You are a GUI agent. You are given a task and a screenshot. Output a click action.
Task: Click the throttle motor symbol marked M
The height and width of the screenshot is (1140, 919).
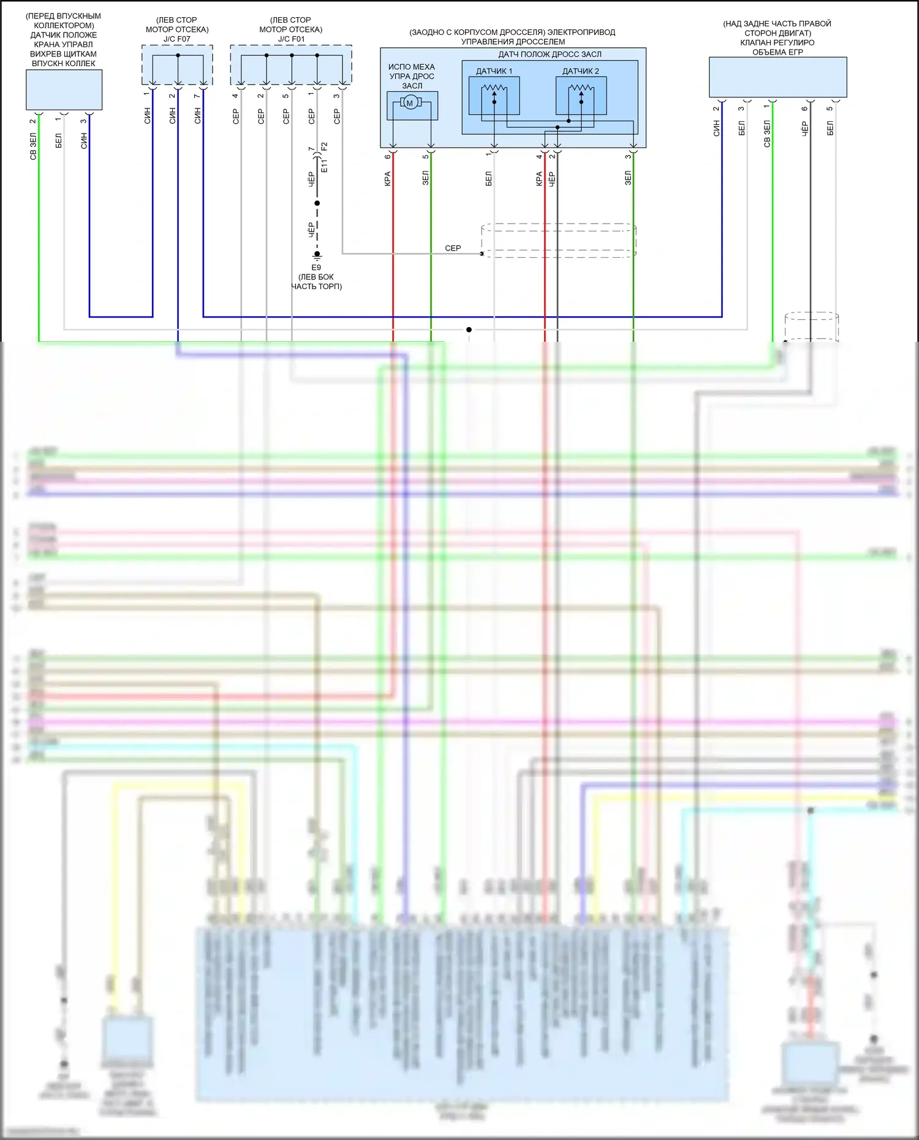410,103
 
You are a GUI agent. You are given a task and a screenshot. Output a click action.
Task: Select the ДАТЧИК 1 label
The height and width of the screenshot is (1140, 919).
494,71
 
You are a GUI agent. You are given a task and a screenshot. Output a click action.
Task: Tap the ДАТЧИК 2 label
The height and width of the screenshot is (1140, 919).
581,71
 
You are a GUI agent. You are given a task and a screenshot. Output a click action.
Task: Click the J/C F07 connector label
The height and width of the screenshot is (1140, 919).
176,39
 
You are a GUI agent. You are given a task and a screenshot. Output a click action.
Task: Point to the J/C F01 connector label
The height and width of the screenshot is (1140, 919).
291,39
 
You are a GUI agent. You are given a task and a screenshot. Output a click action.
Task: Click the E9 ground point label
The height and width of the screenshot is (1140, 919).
316,268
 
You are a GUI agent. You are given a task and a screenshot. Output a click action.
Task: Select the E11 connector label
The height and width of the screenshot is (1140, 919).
325,166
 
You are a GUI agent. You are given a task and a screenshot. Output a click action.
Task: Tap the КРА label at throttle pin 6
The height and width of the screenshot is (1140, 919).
388,179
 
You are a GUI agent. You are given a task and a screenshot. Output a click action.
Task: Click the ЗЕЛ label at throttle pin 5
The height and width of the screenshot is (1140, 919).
426,178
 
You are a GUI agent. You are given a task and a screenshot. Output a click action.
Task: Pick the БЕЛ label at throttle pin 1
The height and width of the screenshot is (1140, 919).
489,179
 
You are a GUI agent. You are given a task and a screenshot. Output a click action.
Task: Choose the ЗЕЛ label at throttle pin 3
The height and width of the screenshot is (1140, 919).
628,178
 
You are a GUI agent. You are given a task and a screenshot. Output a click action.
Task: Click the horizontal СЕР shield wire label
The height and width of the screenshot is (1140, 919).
453,248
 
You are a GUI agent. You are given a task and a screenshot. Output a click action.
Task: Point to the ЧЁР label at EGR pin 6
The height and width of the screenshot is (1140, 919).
805,128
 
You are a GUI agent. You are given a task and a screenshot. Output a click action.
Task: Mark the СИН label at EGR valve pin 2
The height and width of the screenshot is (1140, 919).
716,128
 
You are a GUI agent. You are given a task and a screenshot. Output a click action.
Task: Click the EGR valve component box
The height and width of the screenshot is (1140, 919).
777,77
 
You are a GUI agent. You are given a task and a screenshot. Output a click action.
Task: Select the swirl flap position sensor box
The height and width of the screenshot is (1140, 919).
64,89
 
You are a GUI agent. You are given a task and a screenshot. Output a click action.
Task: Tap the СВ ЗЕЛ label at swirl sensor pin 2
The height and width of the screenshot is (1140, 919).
33,146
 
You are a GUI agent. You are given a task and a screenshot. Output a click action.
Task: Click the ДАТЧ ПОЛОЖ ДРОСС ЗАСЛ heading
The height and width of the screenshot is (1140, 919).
550,55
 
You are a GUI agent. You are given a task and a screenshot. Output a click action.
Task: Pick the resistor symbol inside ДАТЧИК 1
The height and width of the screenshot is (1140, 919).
494,89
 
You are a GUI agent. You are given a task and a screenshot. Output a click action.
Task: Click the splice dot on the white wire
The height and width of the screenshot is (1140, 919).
469,330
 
